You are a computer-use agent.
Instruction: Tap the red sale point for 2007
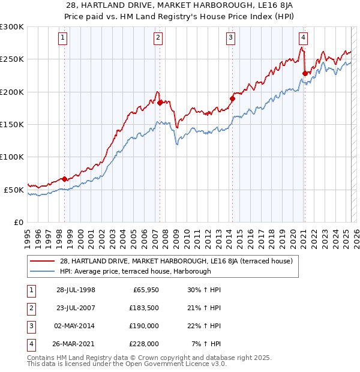tap(160, 103)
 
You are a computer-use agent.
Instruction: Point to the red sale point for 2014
tap(232, 98)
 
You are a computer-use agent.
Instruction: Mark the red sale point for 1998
tap(65, 179)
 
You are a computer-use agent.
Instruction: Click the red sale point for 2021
tap(305, 74)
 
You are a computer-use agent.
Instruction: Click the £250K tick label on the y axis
tap(11, 59)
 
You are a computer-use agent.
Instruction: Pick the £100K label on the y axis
tap(11, 157)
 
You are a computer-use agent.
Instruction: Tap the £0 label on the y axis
tap(17, 222)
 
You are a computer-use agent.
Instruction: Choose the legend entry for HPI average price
tap(135, 271)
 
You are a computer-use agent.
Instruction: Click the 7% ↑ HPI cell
tap(206, 344)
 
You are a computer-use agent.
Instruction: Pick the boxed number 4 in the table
tap(29, 344)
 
